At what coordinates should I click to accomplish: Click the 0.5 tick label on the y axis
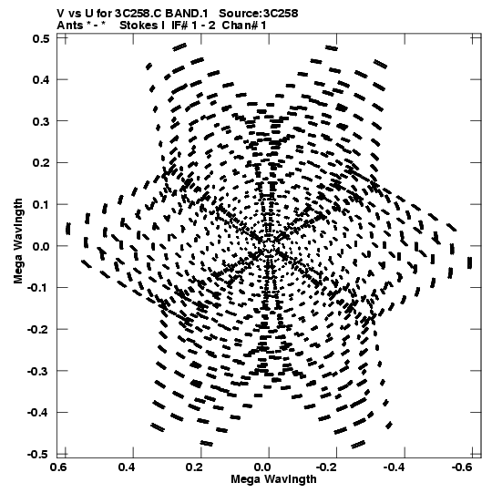tap(41, 38)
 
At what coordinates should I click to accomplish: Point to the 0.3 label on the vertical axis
tap(41, 121)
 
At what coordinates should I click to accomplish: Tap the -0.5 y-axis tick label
tap(38, 455)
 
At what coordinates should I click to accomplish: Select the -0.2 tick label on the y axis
tap(38, 330)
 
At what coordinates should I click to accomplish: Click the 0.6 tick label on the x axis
tap(59, 467)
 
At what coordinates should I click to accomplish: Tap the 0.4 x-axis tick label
tap(127, 467)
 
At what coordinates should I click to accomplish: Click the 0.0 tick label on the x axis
tap(261, 467)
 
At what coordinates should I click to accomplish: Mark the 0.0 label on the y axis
tap(41, 246)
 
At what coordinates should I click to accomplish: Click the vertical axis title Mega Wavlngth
tap(18, 241)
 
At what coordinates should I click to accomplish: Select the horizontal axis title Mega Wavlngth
tap(273, 479)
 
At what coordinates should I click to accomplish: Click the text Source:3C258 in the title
tap(259, 14)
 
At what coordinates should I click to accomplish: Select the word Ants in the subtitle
tap(70, 26)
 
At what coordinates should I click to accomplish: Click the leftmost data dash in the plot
tap(68, 229)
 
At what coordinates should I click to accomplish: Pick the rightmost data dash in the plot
tap(470, 262)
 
